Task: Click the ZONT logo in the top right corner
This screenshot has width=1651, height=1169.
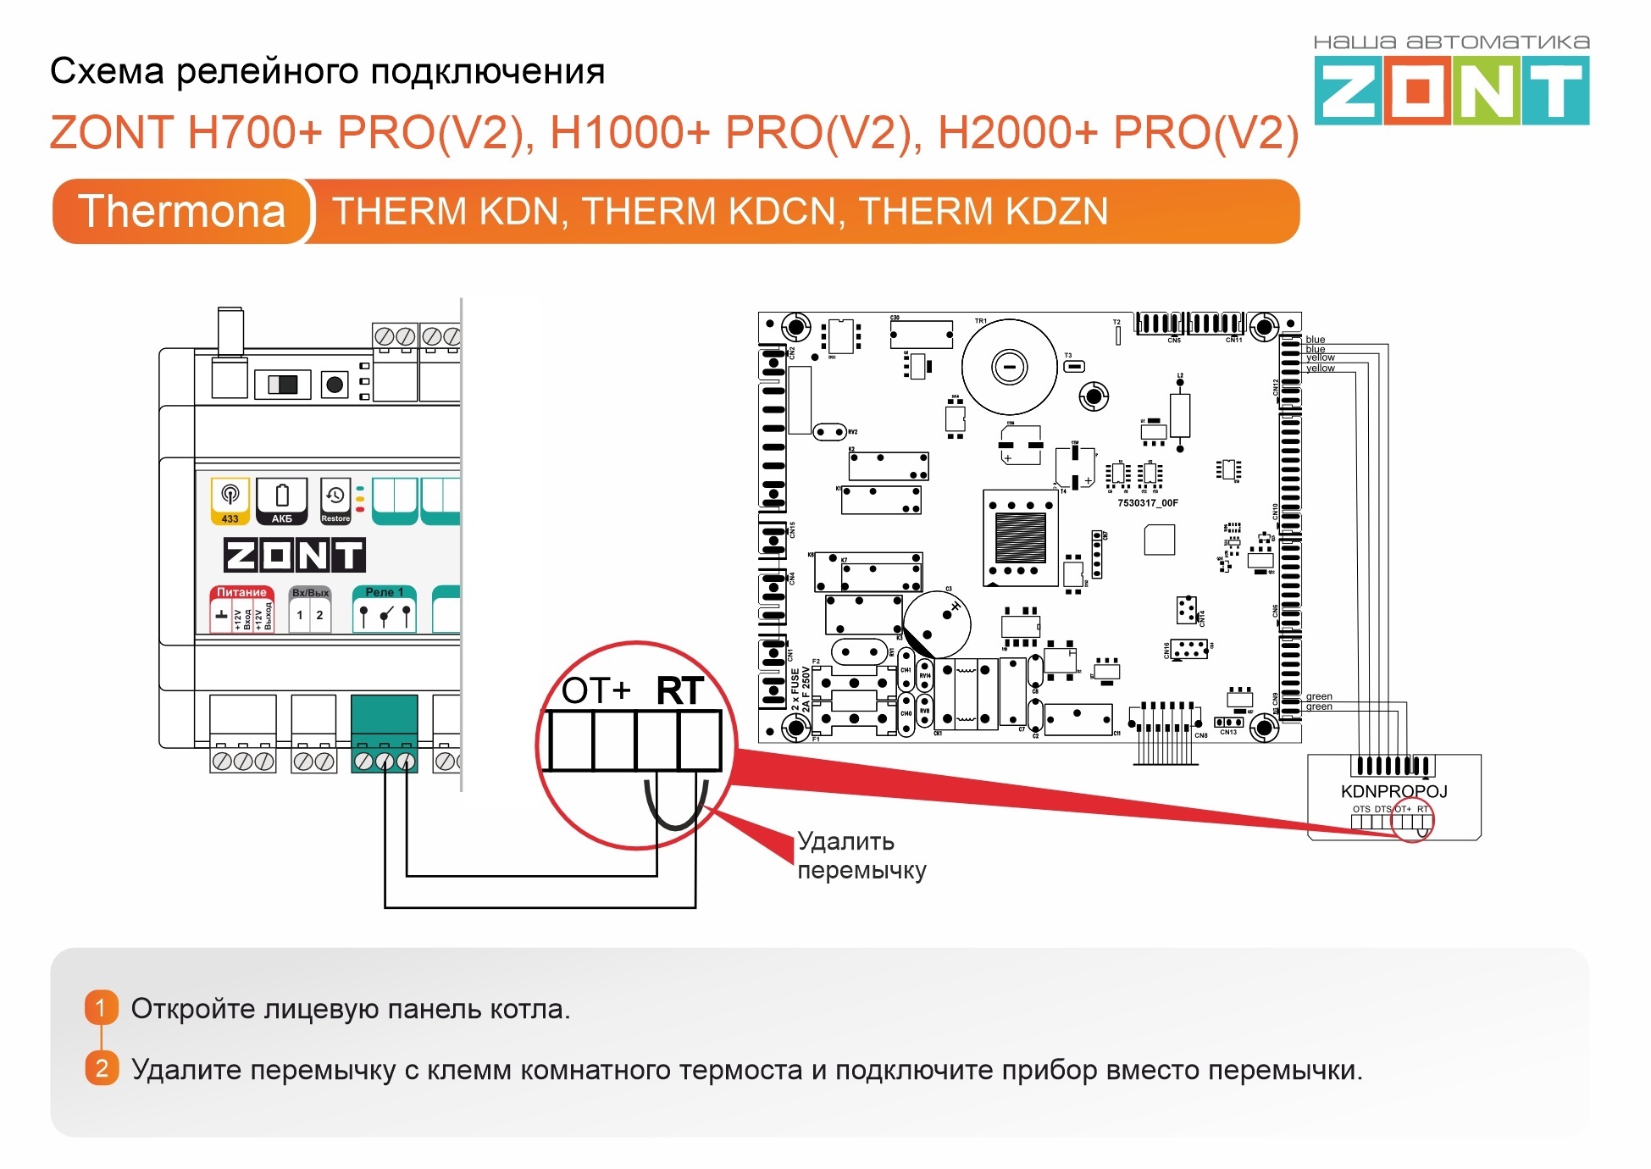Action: (1451, 90)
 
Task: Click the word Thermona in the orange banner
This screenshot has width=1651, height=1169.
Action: (181, 212)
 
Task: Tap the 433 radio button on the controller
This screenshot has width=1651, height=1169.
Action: (230, 501)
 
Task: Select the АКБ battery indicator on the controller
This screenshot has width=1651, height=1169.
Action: (282, 501)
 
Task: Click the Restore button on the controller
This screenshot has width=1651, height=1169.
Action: (335, 501)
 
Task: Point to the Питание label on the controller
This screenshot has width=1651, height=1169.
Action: (241, 592)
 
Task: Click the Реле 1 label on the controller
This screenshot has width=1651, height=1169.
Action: (385, 592)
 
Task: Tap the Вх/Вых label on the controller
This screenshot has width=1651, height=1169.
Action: (310, 592)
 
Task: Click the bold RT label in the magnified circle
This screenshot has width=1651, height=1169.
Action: (679, 691)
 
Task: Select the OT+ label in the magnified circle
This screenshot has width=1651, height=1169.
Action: (596, 691)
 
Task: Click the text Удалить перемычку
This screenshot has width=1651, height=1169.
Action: (861, 856)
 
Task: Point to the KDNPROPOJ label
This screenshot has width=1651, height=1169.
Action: (1393, 791)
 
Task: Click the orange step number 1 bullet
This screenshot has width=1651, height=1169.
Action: (101, 1007)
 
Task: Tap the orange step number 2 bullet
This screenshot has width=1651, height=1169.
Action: (101, 1068)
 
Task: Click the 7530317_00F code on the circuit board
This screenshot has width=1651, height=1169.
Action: (1147, 503)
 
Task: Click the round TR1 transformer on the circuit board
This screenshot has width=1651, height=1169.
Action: (1009, 367)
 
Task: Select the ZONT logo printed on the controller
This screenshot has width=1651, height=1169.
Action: (294, 555)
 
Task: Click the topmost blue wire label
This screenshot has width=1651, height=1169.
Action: (1315, 340)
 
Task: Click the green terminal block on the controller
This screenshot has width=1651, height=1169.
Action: (385, 734)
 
